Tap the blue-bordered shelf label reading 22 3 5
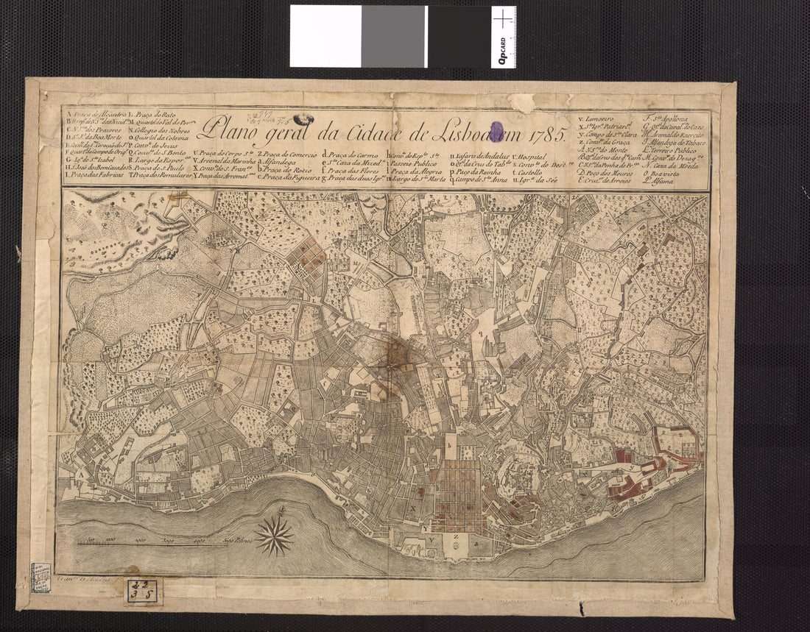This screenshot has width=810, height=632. point(141,591)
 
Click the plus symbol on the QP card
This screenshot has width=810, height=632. point(503,18)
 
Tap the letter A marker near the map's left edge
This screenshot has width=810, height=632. point(76,475)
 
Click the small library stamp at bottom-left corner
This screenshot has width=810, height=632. point(40,578)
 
